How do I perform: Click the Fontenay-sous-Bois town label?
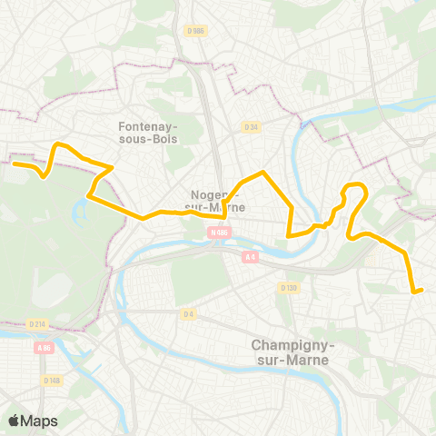149,133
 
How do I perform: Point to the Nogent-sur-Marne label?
215,201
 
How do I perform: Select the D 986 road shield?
193,30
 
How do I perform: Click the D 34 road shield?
252,127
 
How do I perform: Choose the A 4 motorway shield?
250,257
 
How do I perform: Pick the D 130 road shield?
289,288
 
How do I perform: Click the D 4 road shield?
188,314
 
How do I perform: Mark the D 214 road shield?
37,323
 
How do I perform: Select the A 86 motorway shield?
44,347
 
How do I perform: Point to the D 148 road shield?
51,380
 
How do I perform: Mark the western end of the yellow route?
13,163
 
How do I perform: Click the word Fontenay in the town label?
149,126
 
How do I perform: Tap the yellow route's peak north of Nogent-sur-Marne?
262,172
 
